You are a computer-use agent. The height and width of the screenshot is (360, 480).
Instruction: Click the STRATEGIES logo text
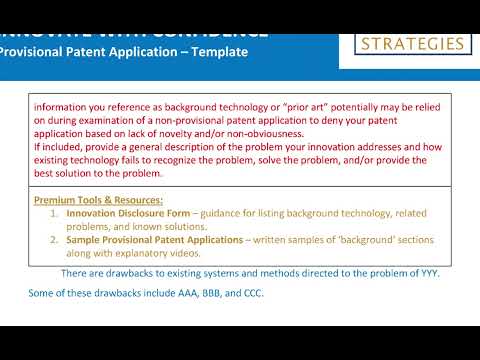(x=413, y=44)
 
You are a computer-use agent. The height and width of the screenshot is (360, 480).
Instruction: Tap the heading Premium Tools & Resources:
(x=98, y=199)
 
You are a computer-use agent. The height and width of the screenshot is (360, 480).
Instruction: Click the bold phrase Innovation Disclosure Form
(x=125, y=213)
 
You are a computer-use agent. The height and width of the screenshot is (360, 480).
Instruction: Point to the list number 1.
(x=54, y=213)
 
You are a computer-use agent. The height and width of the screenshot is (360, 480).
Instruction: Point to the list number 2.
(x=54, y=240)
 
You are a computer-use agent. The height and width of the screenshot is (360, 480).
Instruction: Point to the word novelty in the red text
(x=181, y=132)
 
